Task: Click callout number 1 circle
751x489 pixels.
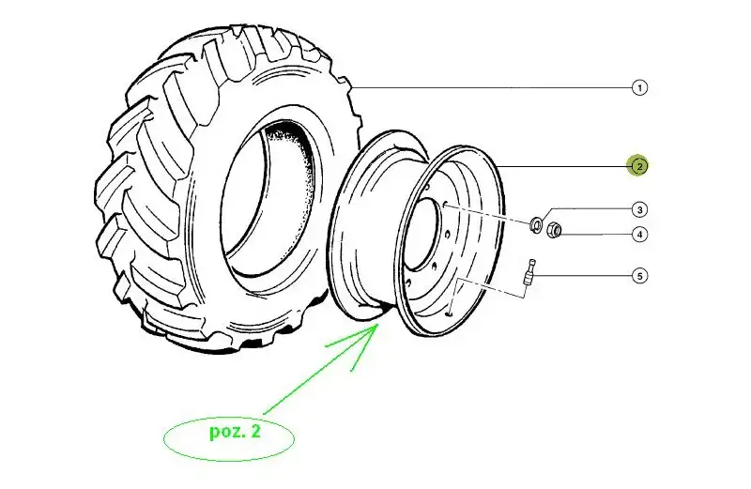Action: tap(639, 88)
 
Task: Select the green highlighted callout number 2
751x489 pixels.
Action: tap(639, 166)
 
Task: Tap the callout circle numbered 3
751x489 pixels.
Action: tap(639, 210)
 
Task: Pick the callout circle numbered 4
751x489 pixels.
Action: tap(639, 235)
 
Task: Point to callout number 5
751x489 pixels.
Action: tap(639, 276)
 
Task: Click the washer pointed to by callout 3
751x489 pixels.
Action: tap(535, 223)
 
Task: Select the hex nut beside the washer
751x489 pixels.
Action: tap(554, 229)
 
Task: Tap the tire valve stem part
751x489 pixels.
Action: tap(529, 274)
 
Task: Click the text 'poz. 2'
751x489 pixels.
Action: tap(236, 432)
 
